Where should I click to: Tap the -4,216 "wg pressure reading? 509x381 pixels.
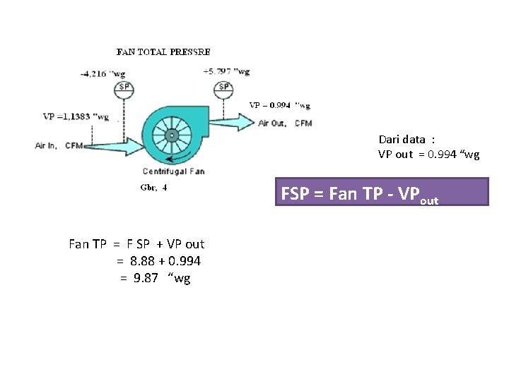[105, 72]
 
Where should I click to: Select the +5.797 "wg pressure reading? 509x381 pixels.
[226, 71]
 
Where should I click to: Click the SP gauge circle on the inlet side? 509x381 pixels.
[124, 87]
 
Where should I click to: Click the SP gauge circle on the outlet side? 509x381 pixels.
[224, 87]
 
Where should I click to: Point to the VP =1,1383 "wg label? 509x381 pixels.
[76, 116]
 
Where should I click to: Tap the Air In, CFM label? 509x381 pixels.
[59, 146]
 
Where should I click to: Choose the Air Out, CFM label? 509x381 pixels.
[286, 123]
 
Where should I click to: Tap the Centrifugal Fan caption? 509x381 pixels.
[173, 171]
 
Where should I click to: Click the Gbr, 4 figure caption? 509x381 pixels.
[153, 188]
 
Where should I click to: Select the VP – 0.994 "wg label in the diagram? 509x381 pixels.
[279, 106]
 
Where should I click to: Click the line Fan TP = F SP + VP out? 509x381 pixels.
[136, 244]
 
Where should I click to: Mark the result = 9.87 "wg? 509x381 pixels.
[155, 278]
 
